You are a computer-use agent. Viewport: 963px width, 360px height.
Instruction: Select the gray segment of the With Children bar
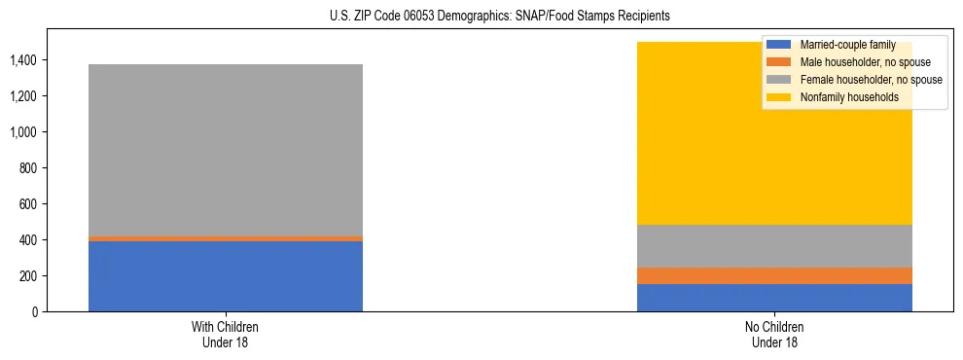(225, 150)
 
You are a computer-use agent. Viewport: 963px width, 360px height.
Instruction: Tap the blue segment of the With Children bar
(225, 276)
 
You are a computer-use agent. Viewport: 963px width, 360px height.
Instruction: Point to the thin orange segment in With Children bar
(225, 238)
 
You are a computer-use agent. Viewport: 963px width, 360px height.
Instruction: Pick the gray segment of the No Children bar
(774, 246)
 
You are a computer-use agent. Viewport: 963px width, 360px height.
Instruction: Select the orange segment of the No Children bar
(774, 275)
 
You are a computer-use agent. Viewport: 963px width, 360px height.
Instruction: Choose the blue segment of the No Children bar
(774, 298)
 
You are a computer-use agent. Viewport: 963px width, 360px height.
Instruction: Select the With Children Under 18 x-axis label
(225, 335)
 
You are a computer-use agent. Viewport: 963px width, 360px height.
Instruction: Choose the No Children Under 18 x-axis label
(774, 335)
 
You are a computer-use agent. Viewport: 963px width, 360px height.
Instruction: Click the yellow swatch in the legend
(779, 97)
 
